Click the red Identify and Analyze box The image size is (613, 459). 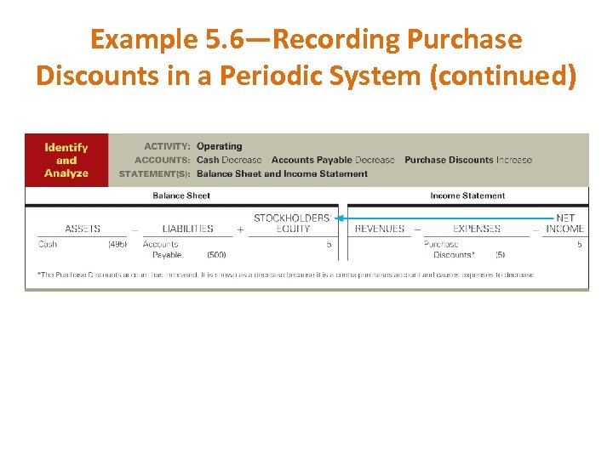(66, 161)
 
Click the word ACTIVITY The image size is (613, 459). (167, 146)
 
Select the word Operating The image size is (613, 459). (219, 146)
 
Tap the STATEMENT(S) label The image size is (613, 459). (154, 173)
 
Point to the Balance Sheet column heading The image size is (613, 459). (181, 195)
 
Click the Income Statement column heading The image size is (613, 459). (467, 195)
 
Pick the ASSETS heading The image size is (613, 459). (83, 229)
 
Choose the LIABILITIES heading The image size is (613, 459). (187, 229)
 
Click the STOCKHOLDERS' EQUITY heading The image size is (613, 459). (293, 224)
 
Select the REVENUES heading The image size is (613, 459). (380, 229)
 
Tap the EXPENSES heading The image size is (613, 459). (477, 229)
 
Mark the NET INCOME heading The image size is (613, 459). (565, 224)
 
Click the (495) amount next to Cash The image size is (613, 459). (117, 244)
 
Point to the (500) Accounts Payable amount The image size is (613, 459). (216, 254)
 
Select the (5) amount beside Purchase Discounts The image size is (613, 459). (500, 254)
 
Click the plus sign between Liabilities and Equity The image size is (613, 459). (240, 229)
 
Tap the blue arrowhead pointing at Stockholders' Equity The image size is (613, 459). (339, 218)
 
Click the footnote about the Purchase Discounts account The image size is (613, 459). (286, 275)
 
